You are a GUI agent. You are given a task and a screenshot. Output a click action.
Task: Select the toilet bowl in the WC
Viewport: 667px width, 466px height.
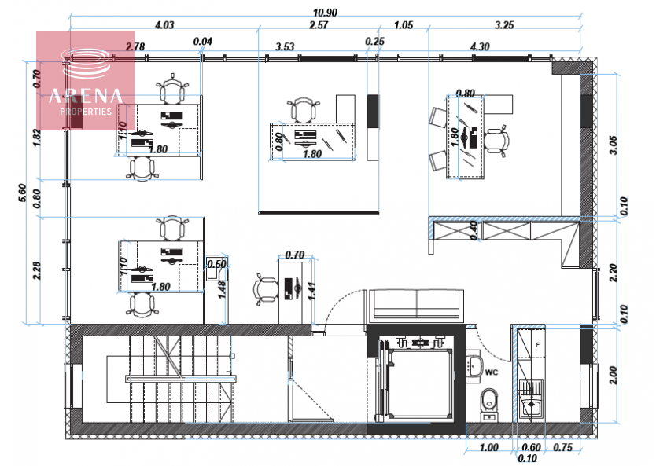489,400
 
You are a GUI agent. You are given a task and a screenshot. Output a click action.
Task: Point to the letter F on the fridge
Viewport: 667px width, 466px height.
538,345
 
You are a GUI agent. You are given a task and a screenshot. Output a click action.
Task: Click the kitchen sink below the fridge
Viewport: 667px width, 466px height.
532,405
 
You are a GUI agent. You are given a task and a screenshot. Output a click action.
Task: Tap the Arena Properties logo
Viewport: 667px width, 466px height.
86,82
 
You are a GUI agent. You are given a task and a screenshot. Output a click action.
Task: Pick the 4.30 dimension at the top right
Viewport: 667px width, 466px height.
480,46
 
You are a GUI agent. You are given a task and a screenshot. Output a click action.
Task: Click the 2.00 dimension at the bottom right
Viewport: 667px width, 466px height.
614,376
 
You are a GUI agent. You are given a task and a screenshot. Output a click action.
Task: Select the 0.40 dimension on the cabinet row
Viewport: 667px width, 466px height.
474,230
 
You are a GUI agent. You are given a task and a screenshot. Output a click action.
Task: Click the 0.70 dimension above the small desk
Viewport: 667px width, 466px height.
295,255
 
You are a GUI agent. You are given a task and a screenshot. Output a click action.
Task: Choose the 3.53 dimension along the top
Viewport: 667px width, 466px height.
285,46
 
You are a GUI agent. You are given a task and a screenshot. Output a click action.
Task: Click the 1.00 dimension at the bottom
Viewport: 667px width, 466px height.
488,447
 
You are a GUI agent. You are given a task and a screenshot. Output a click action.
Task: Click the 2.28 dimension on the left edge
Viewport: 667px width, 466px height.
37,270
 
